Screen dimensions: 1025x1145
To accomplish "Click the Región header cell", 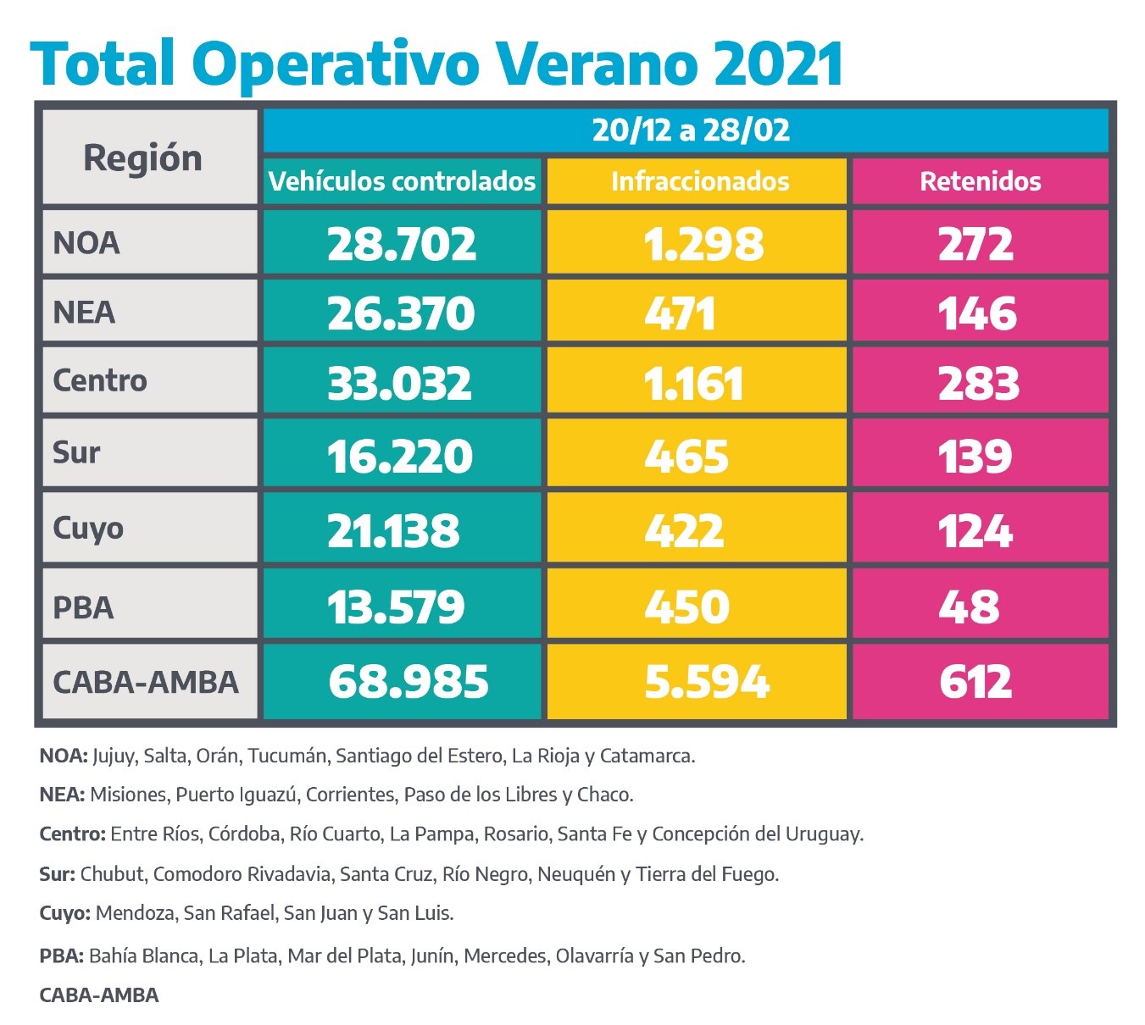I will [142, 158].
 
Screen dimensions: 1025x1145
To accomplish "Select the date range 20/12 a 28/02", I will [691, 130].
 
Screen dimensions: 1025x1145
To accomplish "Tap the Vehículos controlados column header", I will [402, 181].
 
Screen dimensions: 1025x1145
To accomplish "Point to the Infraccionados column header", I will [699, 181].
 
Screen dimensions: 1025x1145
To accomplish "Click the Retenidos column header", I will [981, 181].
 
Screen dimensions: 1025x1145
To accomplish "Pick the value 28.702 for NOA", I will [402, 244].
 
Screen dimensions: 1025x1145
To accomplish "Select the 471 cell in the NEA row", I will [681, 313].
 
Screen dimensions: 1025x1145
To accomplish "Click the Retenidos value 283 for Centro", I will [978, 383].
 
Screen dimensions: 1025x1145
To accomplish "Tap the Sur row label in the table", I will [76, 452].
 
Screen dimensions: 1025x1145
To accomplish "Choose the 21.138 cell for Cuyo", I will [393, 531].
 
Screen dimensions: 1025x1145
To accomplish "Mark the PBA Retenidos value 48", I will [969, 607].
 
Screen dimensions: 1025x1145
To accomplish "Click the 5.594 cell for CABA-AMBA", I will [707, 682].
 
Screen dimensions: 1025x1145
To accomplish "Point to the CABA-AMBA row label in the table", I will [146, 683].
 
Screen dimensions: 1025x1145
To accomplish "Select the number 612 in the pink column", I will [975, 682].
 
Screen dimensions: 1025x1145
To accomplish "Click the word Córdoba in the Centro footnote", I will [244, 834].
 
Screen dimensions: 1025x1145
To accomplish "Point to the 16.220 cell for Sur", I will [400, 457].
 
